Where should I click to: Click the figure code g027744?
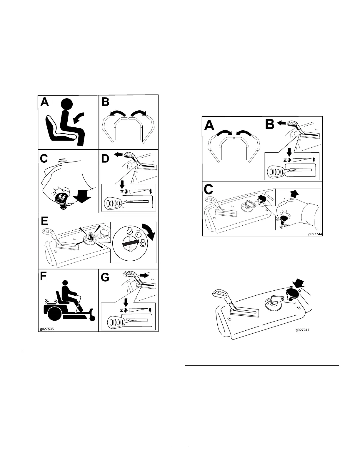pos(314,234)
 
